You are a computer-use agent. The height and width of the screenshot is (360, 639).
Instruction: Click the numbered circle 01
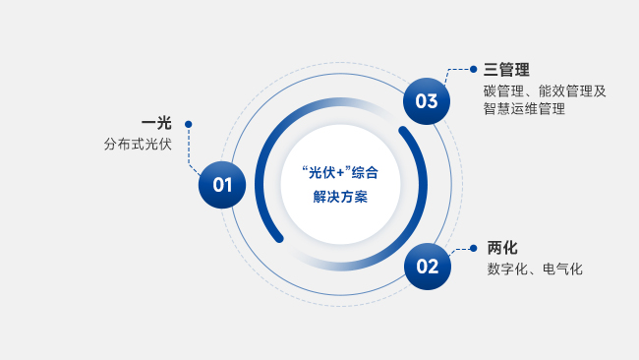click(222, 185)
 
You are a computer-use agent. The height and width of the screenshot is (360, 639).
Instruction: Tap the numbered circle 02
click(428, 267)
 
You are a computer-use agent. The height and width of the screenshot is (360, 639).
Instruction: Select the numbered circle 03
click(427, 101)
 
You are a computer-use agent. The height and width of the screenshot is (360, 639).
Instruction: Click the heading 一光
click(156, 123)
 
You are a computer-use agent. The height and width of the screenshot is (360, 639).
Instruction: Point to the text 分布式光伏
click(138, 145)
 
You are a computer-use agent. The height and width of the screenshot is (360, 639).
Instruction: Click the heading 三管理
click(506, 70)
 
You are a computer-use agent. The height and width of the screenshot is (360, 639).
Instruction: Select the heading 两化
click(502, 248)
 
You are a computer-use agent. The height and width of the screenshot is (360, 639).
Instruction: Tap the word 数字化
click(507, 270)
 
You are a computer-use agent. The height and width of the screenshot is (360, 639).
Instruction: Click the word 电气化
click(562, 270)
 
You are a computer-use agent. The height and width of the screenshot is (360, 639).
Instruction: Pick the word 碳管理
click(503, 90)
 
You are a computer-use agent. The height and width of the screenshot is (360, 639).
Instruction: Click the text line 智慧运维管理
click(525, 109)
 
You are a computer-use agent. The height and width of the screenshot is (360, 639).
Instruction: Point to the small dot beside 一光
click(189, 124)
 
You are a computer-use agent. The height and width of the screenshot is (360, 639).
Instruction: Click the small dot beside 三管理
click(473, 69)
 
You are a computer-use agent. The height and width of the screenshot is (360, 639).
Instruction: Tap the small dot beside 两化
click(473, 248)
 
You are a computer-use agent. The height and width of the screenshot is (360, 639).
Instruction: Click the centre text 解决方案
click(340, 197)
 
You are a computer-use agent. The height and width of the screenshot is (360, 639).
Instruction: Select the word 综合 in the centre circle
click(365, 173)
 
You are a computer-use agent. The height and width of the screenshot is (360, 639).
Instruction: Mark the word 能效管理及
click(572, 90)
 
